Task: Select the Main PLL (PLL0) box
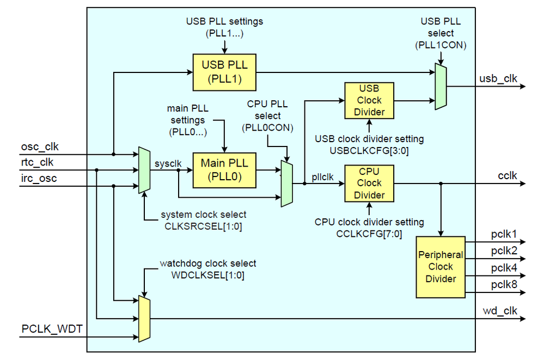tap(224, 169)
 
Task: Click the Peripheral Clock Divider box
tap(441, 267)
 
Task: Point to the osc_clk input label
tap(40, 147)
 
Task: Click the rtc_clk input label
tap(38, 162)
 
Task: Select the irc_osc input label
tap(39, 178)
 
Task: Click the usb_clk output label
tap(498, 78)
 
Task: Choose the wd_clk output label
tap(500, 311)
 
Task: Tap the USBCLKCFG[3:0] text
tap(369, 150)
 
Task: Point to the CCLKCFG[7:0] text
tap(369, 234)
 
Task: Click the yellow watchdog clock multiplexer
tap(144, 319)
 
